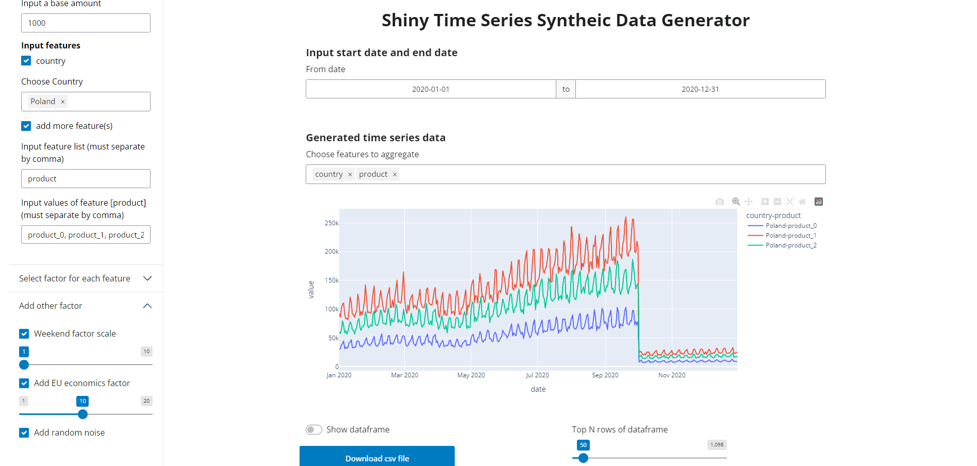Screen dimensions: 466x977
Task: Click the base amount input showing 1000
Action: tap(86, 23)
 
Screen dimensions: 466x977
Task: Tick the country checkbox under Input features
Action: tap(26, 61)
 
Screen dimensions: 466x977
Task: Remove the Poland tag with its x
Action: tap(63, 102)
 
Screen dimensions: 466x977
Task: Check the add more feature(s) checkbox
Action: tap(26, 126)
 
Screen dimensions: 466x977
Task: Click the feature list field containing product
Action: tap(86, 179)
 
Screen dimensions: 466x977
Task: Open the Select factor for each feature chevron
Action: tap(147, 278)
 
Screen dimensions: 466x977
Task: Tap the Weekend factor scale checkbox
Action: tap(24, 334)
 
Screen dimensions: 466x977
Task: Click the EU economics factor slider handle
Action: tap(82, 414)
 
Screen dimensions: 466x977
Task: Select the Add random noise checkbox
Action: tap(24, 432)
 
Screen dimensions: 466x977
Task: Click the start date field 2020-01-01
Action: tap(430, 89)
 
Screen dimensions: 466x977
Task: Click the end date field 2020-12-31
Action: tap(700, 89)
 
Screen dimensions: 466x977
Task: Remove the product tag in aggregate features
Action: tap(394, 175)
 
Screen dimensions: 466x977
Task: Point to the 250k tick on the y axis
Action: tap(332, 223)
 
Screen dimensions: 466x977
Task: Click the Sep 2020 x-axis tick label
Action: tap(605, 375)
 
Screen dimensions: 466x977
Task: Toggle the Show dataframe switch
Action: tap(314, 430)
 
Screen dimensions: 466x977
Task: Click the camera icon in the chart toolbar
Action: tap(720, 202)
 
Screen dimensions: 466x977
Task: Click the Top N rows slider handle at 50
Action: tap(583, 458)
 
